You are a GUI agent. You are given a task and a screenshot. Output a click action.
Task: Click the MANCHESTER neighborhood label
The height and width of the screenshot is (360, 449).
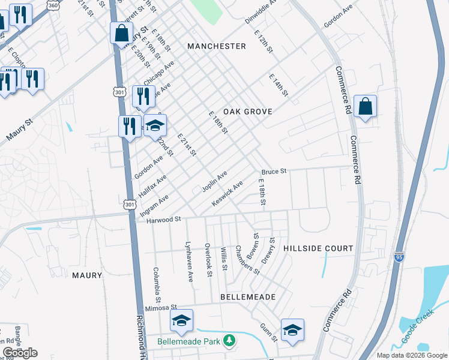216,46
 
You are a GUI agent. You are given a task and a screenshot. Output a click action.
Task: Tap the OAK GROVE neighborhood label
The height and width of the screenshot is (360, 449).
248,112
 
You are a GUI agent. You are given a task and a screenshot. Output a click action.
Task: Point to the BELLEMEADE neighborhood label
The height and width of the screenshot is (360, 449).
248,297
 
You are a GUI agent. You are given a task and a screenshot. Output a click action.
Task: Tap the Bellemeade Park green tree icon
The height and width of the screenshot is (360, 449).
228,341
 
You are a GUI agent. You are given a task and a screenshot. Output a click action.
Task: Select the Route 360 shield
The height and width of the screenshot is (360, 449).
53,5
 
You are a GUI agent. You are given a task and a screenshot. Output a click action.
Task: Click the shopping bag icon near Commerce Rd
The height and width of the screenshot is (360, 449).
365,107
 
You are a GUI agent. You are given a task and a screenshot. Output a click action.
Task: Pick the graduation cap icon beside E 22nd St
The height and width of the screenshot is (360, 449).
155,125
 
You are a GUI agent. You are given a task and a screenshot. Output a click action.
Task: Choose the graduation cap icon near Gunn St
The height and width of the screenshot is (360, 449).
292,330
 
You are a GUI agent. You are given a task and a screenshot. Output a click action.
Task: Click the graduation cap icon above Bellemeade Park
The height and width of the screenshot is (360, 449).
181,321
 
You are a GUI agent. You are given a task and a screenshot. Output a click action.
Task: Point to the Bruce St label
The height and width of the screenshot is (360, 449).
274,171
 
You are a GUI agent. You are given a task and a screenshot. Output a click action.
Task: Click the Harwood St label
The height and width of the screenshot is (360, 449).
164,220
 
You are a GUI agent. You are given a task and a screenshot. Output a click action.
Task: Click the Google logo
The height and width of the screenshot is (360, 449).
20,353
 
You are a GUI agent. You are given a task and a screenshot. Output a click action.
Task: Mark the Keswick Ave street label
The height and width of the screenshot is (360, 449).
227,194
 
